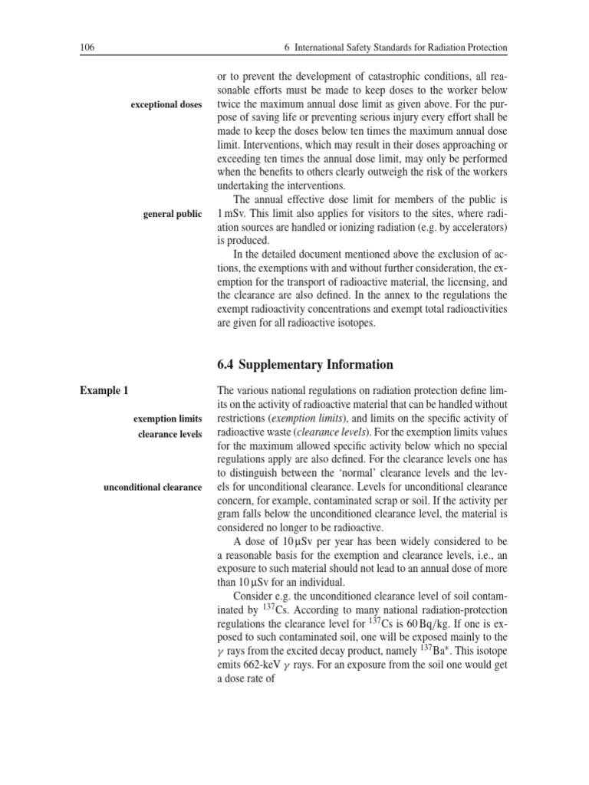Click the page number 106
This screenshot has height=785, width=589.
pyautogui.click(x=87, y=48)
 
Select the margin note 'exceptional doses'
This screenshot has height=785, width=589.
pyautogui.click(x=166, y=104)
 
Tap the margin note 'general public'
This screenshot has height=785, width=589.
pyautogui.click(x=173, y=214)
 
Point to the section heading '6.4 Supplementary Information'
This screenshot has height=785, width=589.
pyautogui.click(x=306, y=364)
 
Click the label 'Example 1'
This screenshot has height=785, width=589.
pyautogui.click(x=104, y=391)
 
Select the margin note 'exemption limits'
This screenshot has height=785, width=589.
pyautogui.click(x=167, y=419)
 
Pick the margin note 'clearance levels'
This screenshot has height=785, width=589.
pyautogui.click(x=170, y=434)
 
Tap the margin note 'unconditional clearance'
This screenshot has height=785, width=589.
pyautogui.click(x=153, y=488)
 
